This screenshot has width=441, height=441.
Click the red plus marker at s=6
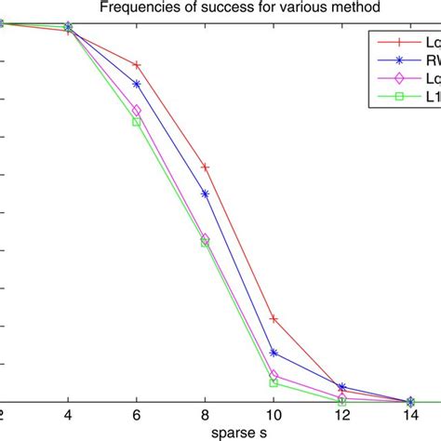[137, 65]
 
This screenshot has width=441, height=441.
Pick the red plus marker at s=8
[205, 167]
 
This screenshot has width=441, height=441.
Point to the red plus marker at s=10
[274, 319]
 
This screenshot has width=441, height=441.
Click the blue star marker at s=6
[137, 84]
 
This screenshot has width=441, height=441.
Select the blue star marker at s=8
[205, 194]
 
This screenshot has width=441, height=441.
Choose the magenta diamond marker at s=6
[137, 110]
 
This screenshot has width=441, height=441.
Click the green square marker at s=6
[137, 122]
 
